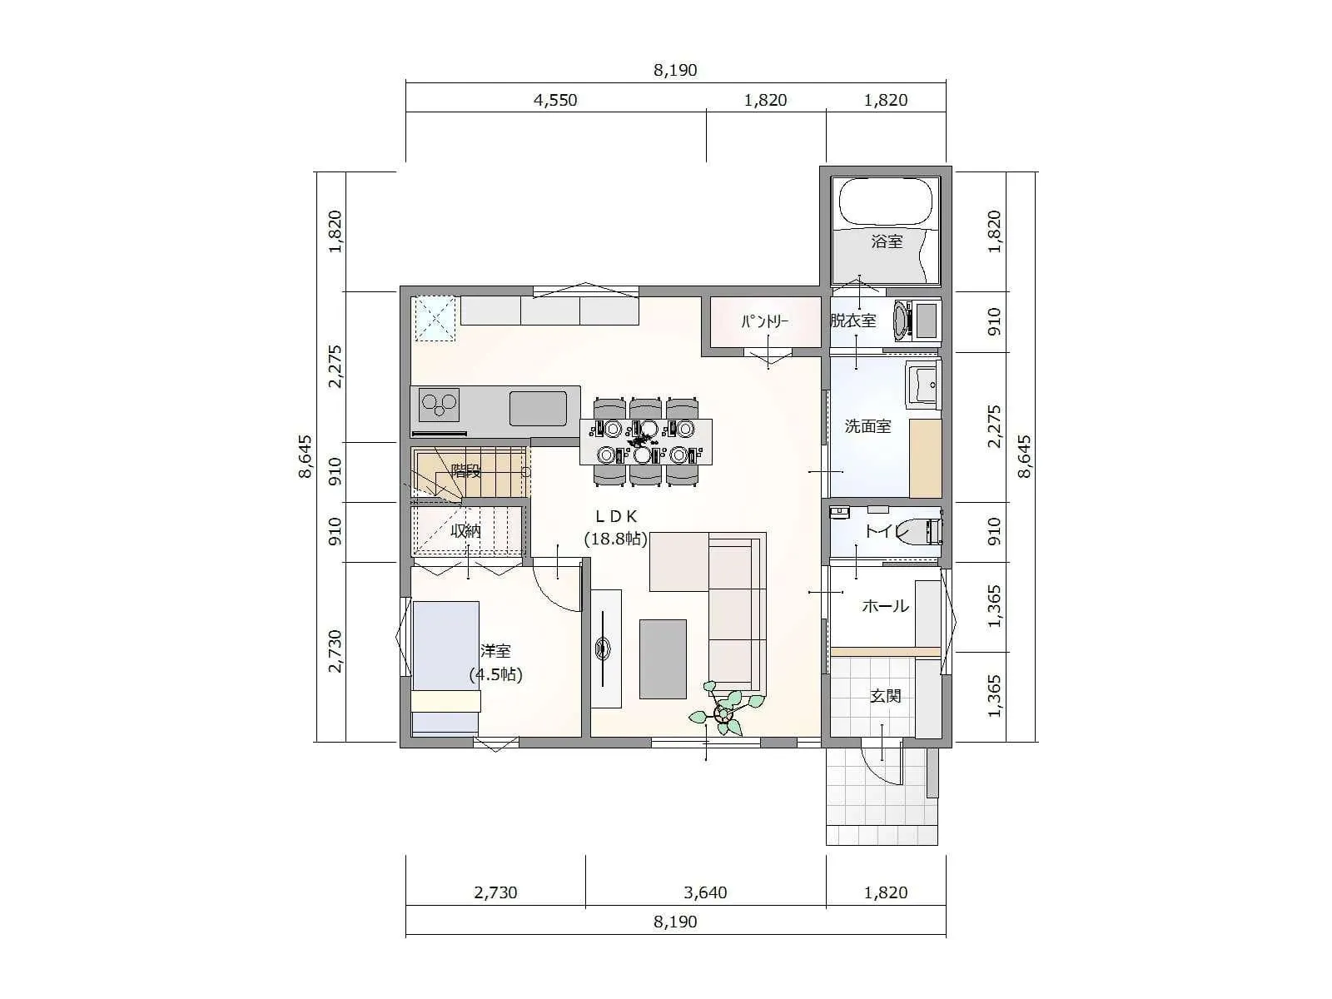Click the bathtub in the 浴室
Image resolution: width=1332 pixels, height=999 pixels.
[886, 201]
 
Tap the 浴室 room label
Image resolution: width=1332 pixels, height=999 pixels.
[887, 241]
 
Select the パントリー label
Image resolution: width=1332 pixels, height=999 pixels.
[764, 321]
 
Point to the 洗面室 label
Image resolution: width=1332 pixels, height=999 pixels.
[867, 425]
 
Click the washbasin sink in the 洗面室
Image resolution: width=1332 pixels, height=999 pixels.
[923, 385]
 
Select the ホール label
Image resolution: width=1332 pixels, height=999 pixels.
[886, 605]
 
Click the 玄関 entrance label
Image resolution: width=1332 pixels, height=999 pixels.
[886, 696]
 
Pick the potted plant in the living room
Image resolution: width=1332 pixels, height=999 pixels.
[725, 709]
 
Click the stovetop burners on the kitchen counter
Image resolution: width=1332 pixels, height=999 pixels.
[439, 405]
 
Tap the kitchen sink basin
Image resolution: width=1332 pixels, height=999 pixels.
[539, 408]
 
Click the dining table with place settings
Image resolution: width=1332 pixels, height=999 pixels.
[646, 441]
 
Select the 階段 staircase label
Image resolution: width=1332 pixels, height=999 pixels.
[466, 470]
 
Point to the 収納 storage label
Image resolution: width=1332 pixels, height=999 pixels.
[465, 531]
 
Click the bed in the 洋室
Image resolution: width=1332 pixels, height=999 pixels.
[446, 667]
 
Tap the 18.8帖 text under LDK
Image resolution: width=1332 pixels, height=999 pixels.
[615, 538]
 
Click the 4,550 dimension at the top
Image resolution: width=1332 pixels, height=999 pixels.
[555, 100]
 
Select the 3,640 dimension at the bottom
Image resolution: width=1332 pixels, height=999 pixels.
[705, 892]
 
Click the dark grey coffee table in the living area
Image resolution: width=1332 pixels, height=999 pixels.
[663, 659]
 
